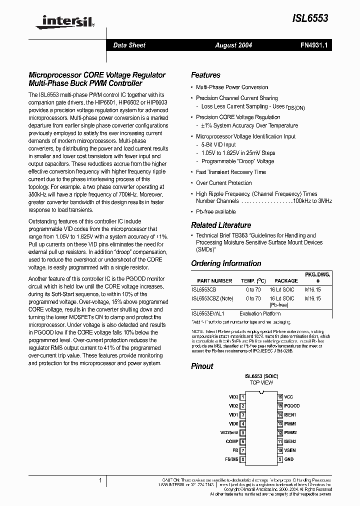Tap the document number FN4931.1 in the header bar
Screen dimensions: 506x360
[x=313, y=45]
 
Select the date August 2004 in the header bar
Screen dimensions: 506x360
[x=233, y=45]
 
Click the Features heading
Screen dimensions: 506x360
[x=205, y=75]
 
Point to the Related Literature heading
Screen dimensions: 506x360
[x=221, y=225]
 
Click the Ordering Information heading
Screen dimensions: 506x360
[x=226, y=263]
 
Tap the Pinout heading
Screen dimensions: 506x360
[x=202, y=366]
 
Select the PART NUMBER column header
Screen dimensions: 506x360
[x=214, y=281]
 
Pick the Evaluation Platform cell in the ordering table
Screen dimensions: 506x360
[x=260, y=313]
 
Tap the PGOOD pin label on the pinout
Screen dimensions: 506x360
[x=292, y=405]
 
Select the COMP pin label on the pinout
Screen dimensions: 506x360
[x=232, y=441]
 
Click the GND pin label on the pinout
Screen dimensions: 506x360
[x=289, y=459]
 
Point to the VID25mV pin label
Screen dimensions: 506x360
[x=229, y=432]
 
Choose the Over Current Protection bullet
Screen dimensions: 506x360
[x=224, y=183]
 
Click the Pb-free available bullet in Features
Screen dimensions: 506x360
[x=215, y=211]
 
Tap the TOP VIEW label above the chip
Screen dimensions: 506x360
[x=261, y=382]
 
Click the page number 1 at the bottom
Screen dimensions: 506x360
[x=100, y=480]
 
